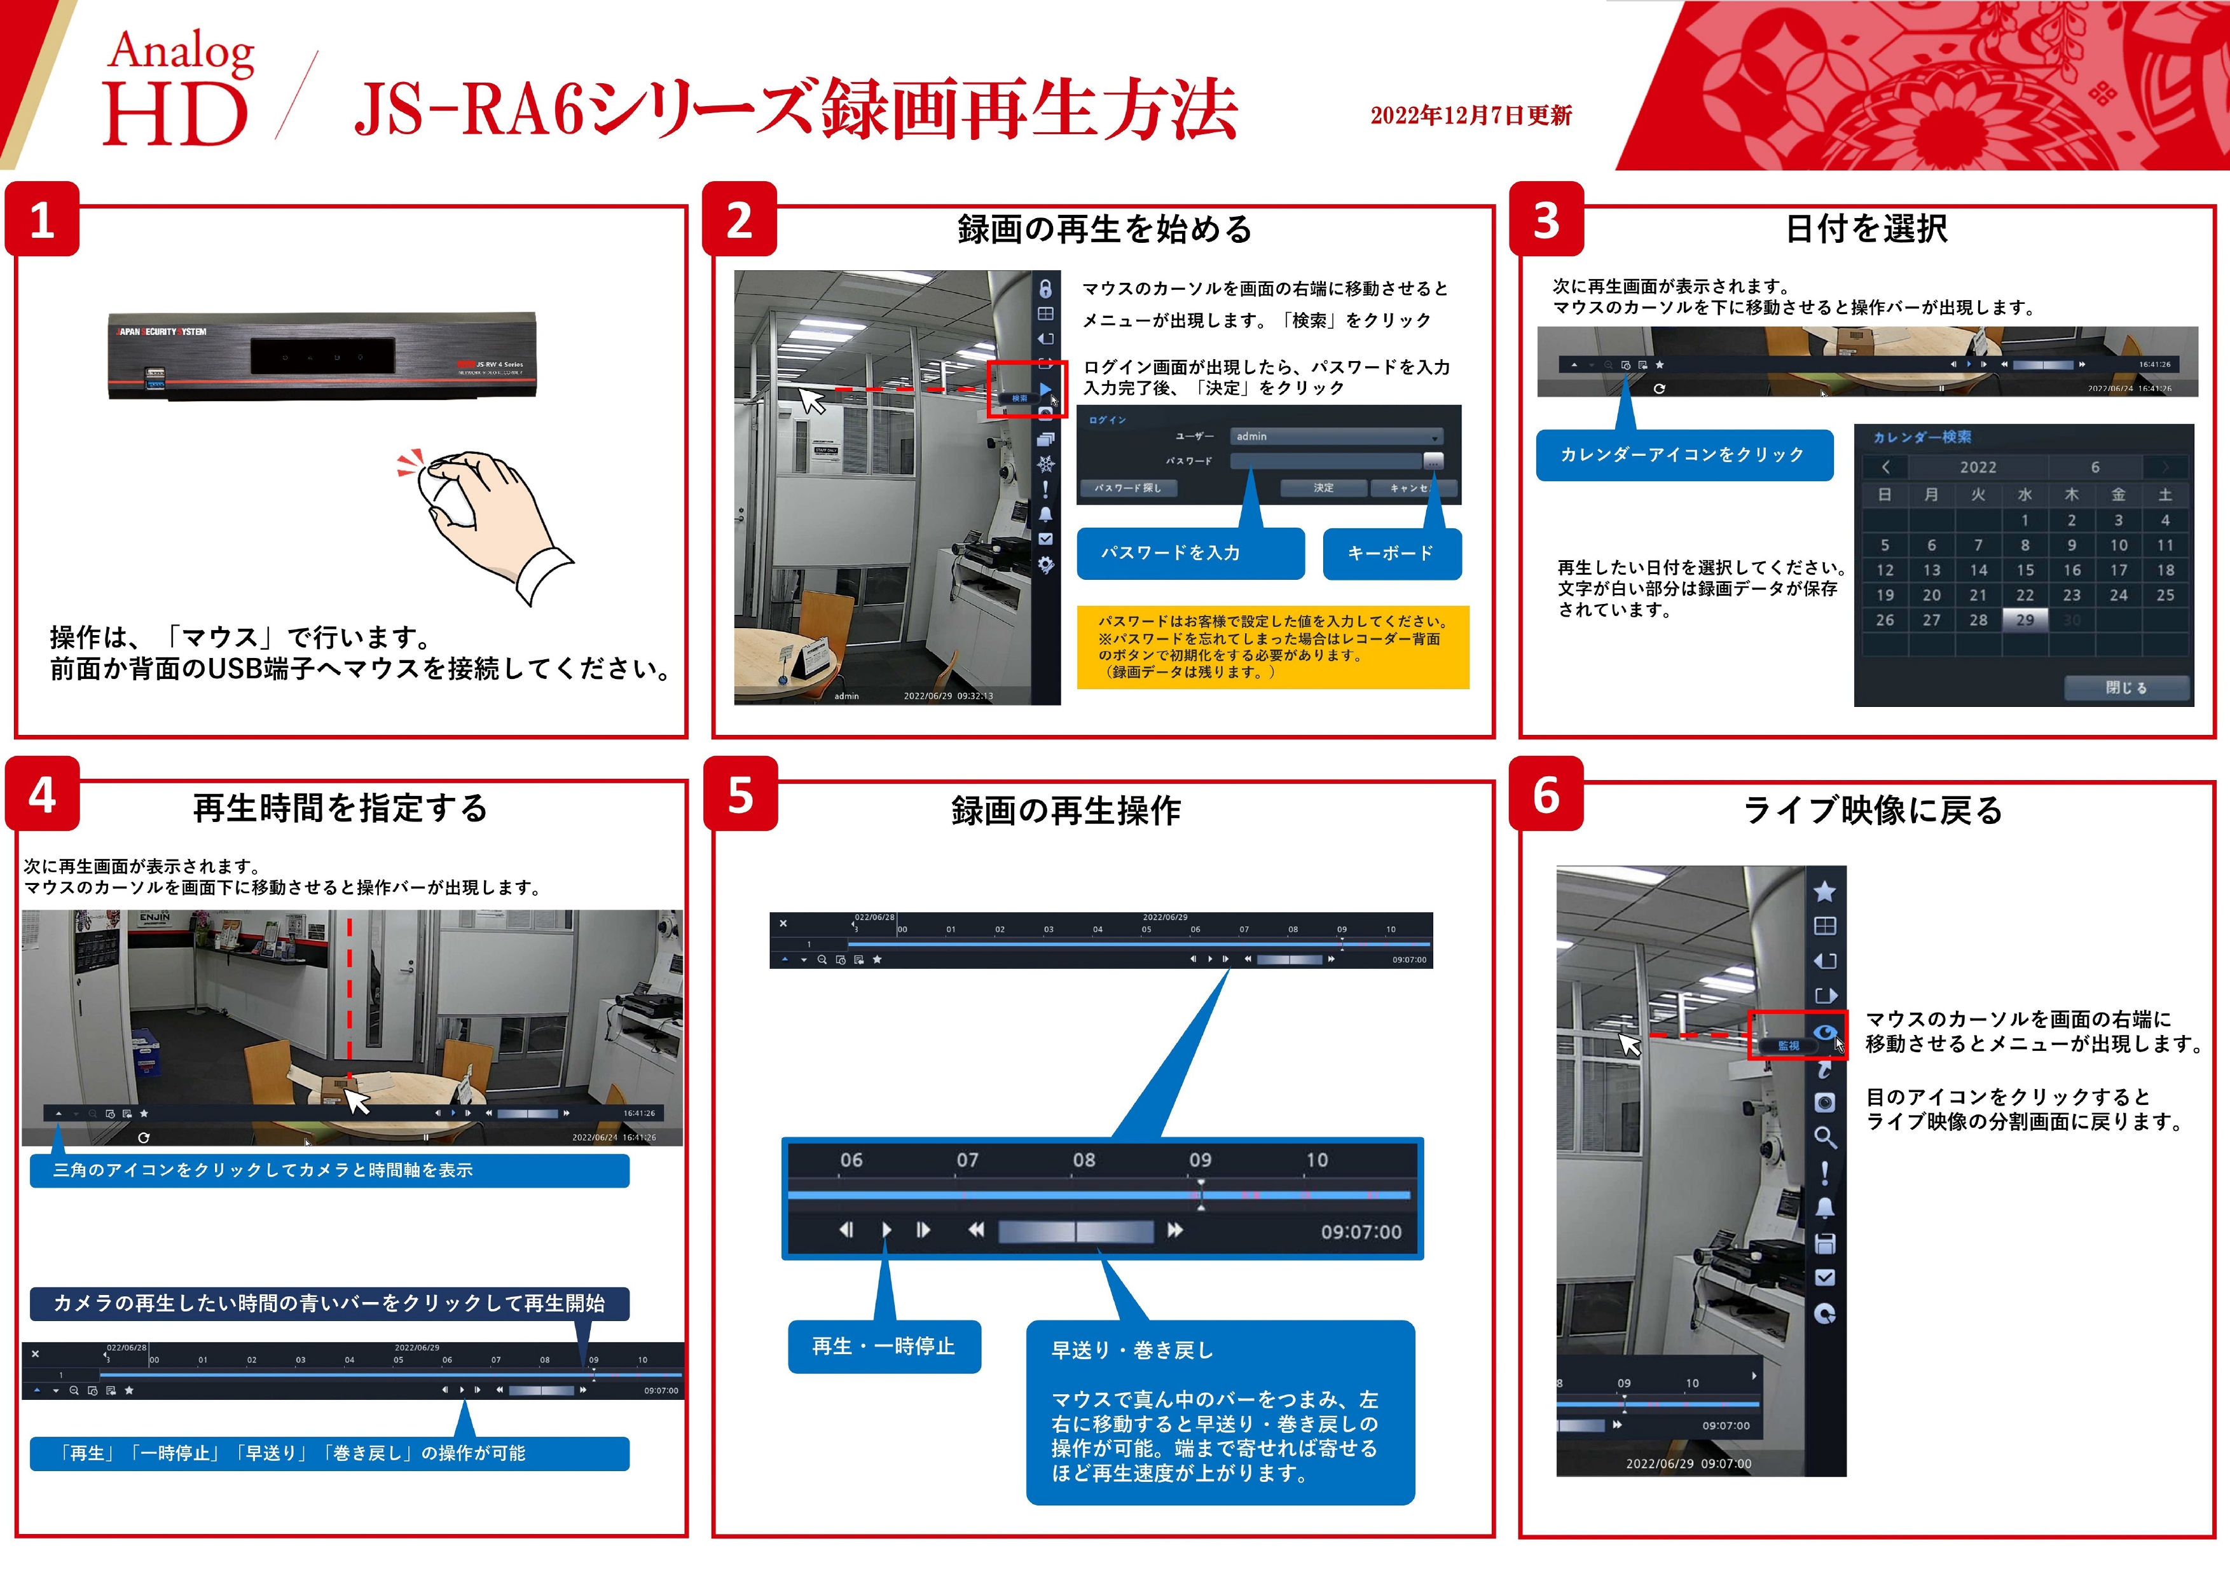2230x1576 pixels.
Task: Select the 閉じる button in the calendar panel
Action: click(x=2126, y=687)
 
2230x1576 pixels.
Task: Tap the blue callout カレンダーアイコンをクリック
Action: click(x=1683, y=455)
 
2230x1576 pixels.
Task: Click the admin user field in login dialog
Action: click(x=1335, y=437)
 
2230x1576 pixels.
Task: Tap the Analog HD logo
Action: click(x=178, y=87)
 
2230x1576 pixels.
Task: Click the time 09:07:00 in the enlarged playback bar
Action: click(x=1361, y=1232)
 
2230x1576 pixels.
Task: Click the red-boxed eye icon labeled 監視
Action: click(x=1825, y=1033)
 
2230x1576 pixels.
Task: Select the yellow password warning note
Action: click(x=1272, y=647)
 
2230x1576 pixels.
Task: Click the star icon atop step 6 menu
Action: click(x=1825, y=891)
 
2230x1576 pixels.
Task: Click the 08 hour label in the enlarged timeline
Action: click(x=1084, y=1160)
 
